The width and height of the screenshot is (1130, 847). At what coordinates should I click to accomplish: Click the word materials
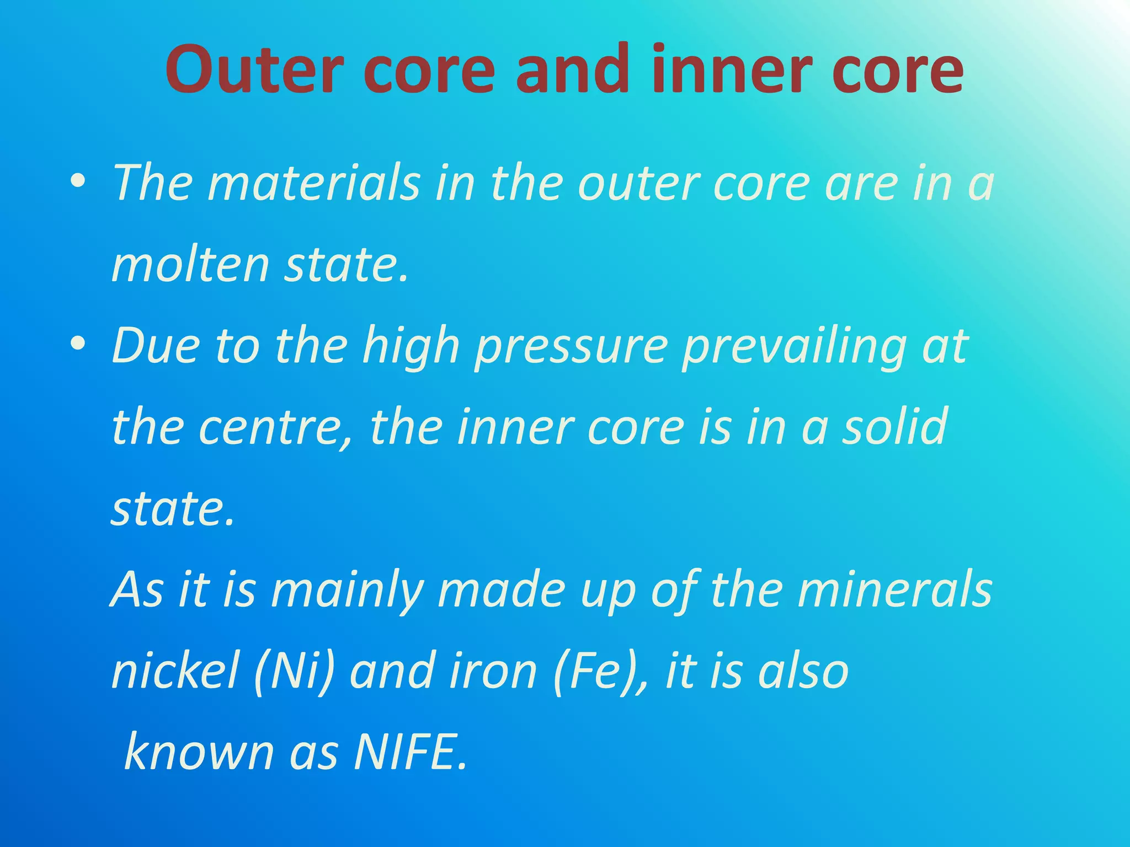[x=314, y=183]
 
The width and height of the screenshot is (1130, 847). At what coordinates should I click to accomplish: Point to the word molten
[x=190, y=265]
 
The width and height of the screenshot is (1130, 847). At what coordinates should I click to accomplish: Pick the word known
[x=199, y=752]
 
